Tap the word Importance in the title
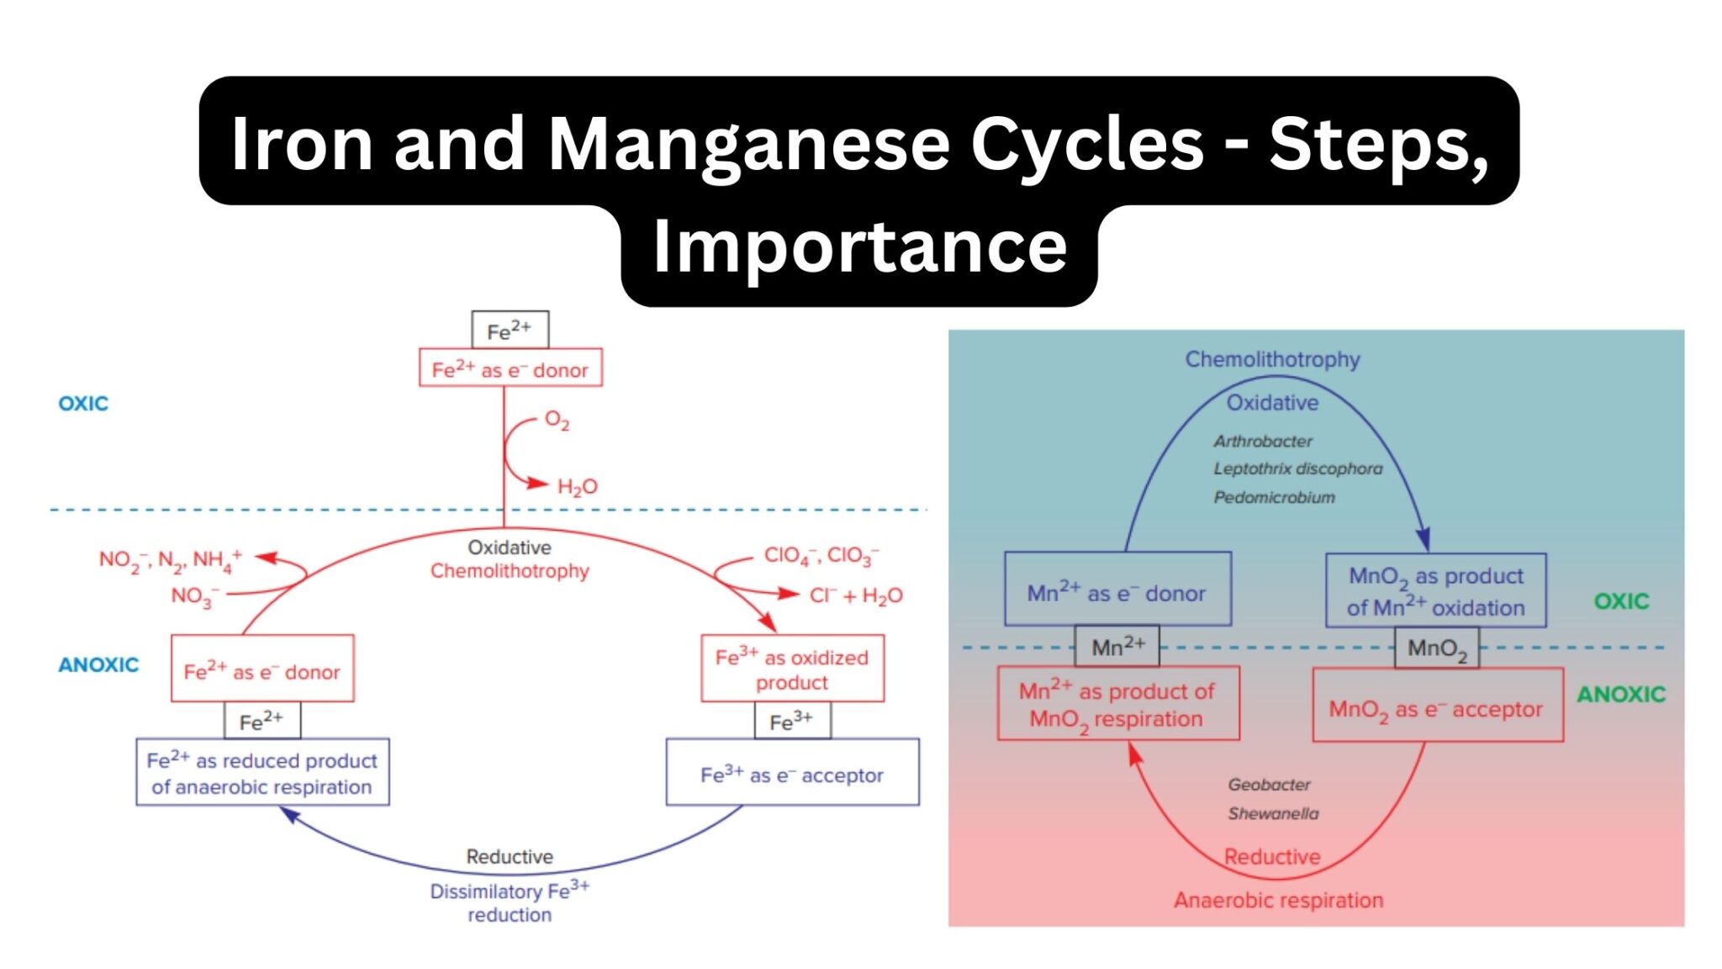tap(859, 246)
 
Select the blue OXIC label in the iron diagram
tap(83, 404)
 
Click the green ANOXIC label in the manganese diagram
tap(1620, 695)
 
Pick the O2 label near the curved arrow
tap(557, 420)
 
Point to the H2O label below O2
tap(577, 487)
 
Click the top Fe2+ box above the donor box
tap(510, 331)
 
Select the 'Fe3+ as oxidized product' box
tap(792, 669)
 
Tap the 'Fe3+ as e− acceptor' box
tap(792, 773)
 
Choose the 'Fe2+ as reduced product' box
tap(262, 773)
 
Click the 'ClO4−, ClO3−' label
tap(821, 556)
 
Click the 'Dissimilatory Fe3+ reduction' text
tap(510, 902)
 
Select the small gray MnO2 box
tap(1436, 649)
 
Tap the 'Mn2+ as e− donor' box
tap(1117, 591)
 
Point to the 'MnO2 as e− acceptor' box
tap(1436, 709)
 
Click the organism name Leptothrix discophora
tap(1297, 469)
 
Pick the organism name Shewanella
tap(1273, 813)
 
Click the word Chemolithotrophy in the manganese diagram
tap(1272, 359)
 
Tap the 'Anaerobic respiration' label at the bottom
tap(1278, 900)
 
